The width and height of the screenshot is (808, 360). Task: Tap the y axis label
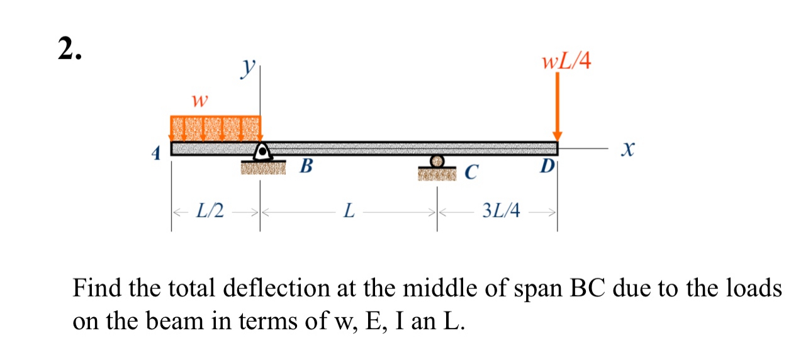[249, 67]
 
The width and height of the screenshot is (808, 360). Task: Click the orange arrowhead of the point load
[557, 135]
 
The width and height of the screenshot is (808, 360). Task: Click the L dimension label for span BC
[348, 210]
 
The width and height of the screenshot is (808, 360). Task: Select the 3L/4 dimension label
[501, 210]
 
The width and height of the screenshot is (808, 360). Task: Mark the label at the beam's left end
[159, 152]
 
